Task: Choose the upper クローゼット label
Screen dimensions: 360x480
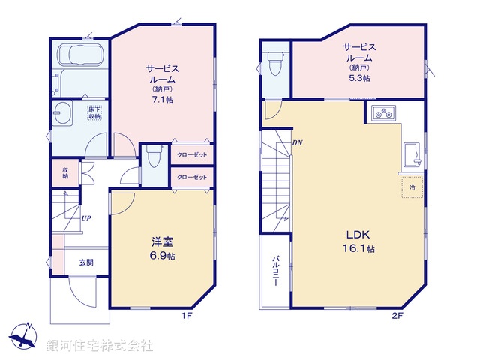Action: click(x=192, y=154)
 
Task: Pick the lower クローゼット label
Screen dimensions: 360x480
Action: click(x=192, y=177)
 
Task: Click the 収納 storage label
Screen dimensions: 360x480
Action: click(x=65, y=172)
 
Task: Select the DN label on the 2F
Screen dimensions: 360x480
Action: click(x=298, y=143)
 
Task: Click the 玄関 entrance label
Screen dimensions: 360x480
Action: click(x=86, y=262)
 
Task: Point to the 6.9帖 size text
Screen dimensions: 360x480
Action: click(x=163, y=256)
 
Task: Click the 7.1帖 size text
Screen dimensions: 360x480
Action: click(x=161, y=97)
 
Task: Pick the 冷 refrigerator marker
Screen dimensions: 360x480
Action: click(x=412, y=184)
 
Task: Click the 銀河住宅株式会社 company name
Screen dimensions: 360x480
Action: click(x=100, y=345)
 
